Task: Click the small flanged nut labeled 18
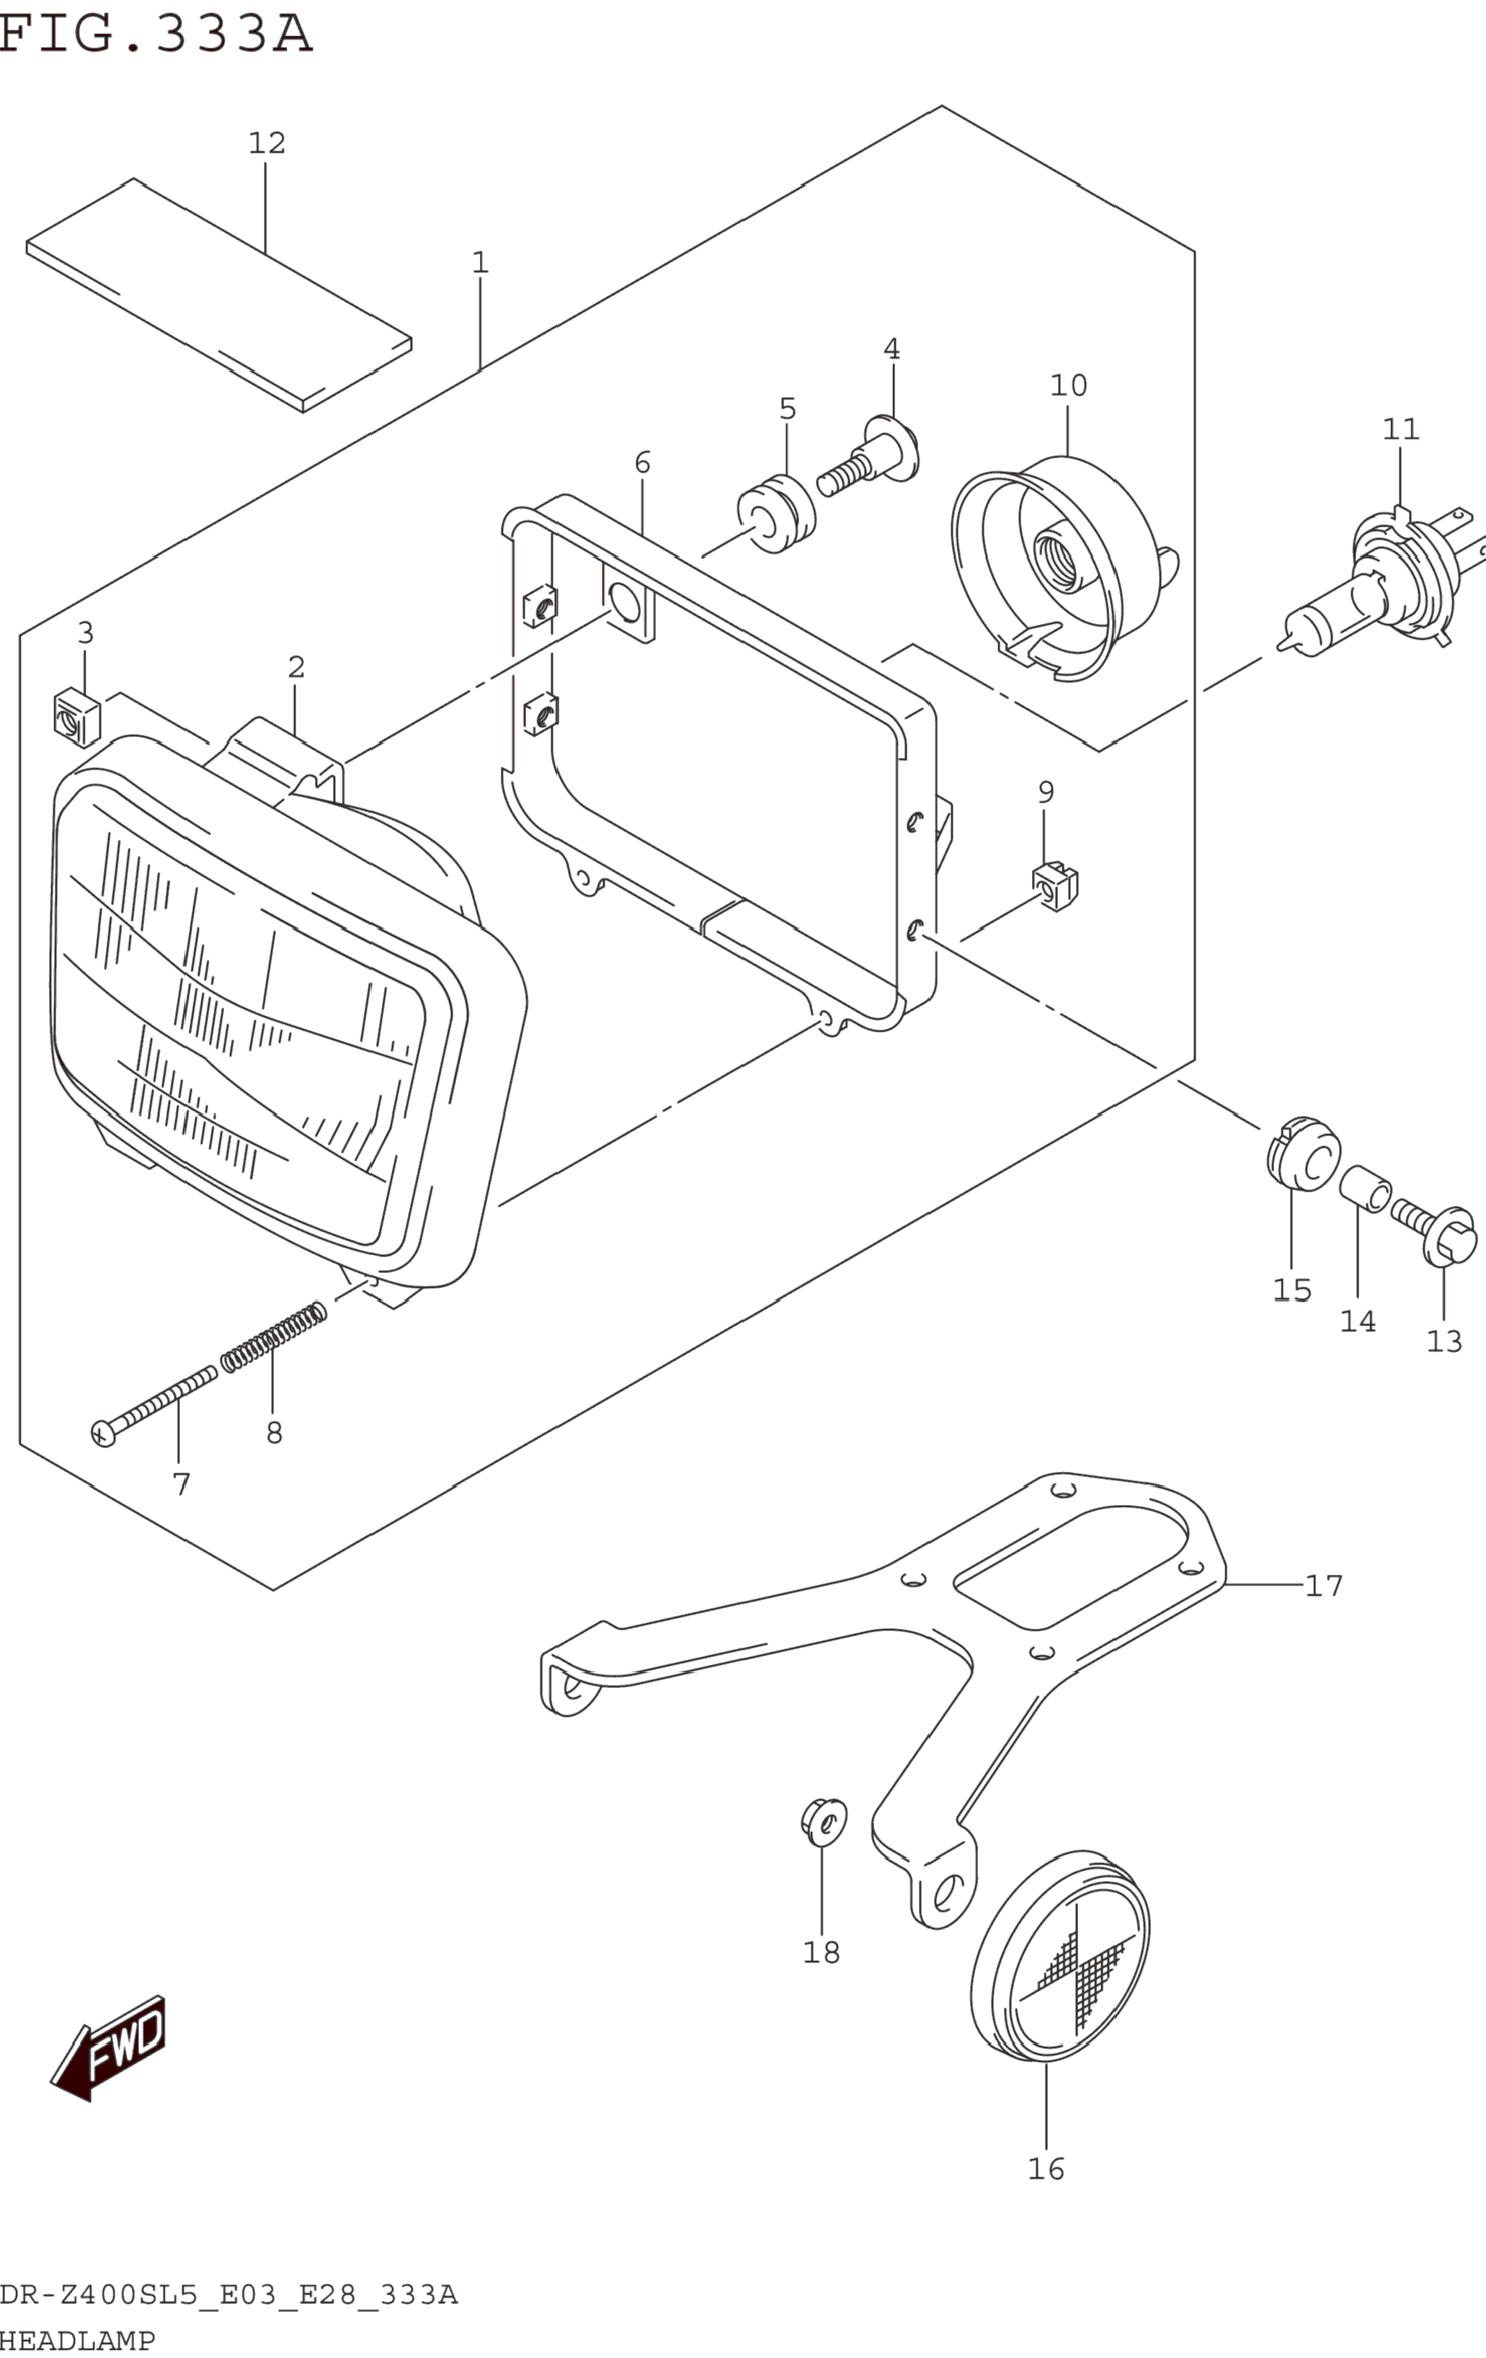[823, 1821]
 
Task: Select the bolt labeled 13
[1438, 1234]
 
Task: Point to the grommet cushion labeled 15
[1303, 1153]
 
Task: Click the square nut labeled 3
[76, 717]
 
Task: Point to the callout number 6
[643, 463]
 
